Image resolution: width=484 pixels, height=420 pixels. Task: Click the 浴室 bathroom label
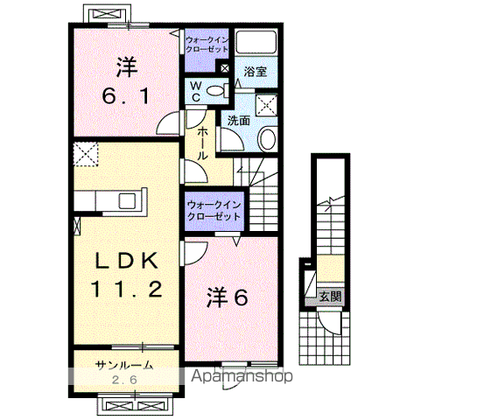pyautogui.click(x=256, y=72)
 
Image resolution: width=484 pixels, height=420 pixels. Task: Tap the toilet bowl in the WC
pyautogui.click(x=217, y=91)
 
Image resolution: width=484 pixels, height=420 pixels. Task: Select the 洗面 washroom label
pyautogui.click(x=239, y=121)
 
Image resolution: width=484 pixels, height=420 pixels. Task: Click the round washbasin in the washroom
pyautogui.click(x=267, y=139)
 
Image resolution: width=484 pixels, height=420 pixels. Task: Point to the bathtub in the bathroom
pyautogui.click(x=256, y=43)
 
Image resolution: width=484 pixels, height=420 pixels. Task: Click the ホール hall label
pyautogui.click(x=202, y=143)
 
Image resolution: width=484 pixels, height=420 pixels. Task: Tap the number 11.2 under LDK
pyautogui.click(x=127, y=290)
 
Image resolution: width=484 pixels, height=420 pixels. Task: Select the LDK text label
pyautogui.click(x=127, y=261)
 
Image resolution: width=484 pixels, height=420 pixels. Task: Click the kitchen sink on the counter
pyautogui.click(x=128, y=201)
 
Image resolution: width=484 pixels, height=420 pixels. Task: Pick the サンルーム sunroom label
pyautogui.click(x=124, y=366)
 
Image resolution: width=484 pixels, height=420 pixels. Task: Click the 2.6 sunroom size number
pyautogui.click(x=123, y=380)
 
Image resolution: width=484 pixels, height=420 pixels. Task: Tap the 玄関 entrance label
pyautogui.click(x=331, y=297)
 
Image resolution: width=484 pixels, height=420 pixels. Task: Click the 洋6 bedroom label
pyautogui.click(x=228, y=298)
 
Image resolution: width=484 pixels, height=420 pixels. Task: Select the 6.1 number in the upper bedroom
pyautogui.click(x=126, y=95)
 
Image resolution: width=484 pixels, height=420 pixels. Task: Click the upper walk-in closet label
pyautogui.click(x=207, y=45)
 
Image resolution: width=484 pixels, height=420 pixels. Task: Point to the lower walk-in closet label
pyautogui.click(x=214, y=211)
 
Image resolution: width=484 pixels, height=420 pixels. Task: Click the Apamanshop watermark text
pyautogui.click(x=242, y=376)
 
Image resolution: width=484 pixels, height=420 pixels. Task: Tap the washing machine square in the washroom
pyautogui.click(x=266, y=105)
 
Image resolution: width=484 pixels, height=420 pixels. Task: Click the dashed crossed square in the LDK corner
pyautogui.click(x=86, y=154)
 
